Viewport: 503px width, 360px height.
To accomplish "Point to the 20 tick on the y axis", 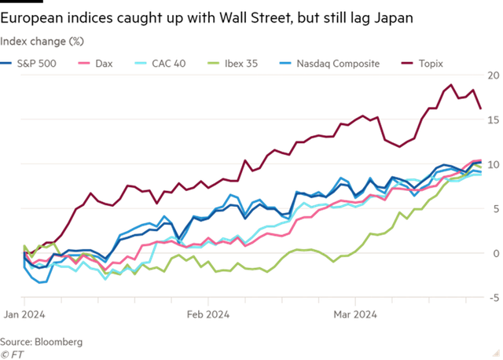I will (493, 76).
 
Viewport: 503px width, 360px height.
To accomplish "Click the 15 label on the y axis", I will (493, 120).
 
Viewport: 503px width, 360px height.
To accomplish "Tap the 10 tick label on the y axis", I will (493, 165).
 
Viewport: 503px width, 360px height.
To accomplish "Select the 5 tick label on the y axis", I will (495, 209).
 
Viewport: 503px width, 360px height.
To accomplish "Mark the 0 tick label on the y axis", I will (495, 254).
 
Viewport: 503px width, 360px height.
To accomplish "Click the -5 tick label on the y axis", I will (494, 298).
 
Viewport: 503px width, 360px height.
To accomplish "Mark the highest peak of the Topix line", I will (450, 84).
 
